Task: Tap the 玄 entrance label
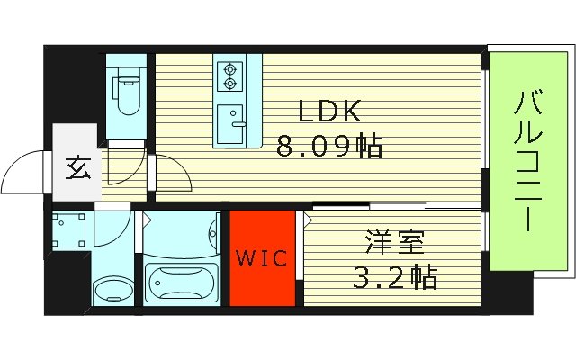(x=77, y=168)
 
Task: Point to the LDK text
(x=330, y=112)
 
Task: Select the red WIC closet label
(x=262, y=259)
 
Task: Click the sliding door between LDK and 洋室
(x=360, y=207)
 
